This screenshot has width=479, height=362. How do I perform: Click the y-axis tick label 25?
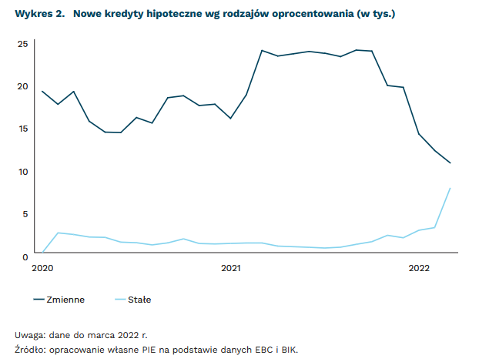(x=23, y=44)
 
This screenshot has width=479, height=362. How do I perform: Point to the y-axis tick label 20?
(x=23, y=86)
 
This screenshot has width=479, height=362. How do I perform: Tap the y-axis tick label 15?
(x=23, y=129)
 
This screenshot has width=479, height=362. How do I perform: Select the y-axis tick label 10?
(x=23, y=171)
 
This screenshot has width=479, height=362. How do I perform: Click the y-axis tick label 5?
(x=25, y=213)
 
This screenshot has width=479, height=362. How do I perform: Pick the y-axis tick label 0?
(x=25, y=256)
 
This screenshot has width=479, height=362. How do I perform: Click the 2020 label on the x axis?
(x=42, y=268)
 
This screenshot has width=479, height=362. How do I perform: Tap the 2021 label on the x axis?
(x=231, y=268)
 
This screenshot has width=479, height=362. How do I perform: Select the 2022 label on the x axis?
(x=419, y=268)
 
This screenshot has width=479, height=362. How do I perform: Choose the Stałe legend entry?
(x=139, y=299)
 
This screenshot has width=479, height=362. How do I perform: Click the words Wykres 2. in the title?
(x=38, y=13)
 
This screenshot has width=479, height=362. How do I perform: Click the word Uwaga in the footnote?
(x=28, y=335)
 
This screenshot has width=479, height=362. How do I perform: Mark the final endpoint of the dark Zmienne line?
(x=450, y=163)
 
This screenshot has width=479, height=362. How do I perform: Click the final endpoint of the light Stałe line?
(x=450, y=189)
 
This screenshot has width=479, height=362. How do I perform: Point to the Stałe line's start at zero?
(x=43, y=252)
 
